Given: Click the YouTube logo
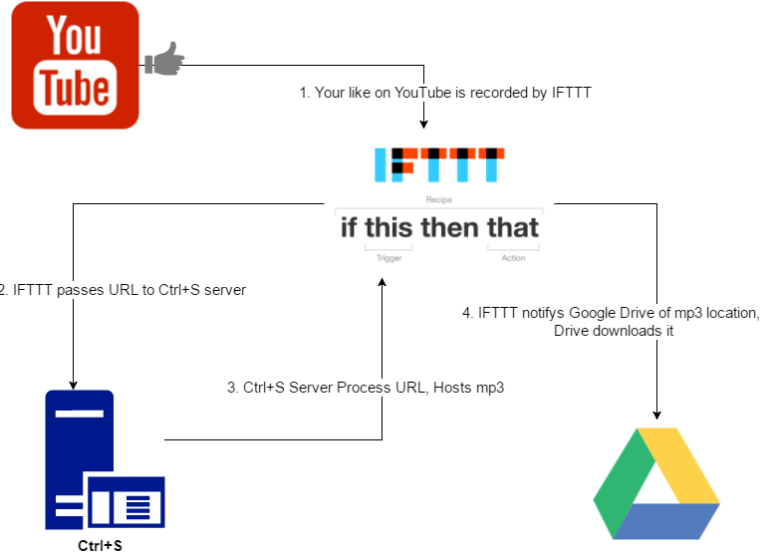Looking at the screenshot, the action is click(75, 65).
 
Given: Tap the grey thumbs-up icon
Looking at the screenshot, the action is click(164, 59).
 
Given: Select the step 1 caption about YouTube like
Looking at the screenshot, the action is click(445, 93).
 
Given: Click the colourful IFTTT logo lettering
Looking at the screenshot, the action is click(439, 164).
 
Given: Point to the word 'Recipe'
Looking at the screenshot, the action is click(438, 200).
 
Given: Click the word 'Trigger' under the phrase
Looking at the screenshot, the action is click(388, 258).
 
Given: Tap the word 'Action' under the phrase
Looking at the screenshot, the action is click(513, 258).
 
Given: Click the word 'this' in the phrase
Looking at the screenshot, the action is click(388, 227).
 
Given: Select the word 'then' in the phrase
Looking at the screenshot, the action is click(450, 227).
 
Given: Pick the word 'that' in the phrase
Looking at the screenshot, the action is click(513, 227).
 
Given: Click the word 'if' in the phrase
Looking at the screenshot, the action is click(349, 227).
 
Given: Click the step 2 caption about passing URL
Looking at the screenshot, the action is click(122, 290).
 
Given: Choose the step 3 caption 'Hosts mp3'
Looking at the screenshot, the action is click(366, 388).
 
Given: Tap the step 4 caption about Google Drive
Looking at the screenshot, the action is click(612, 322).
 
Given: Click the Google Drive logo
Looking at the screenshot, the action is click(656, 483).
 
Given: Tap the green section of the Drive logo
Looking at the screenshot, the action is click(622, 478).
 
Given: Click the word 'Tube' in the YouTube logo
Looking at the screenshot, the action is click(75, 88).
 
